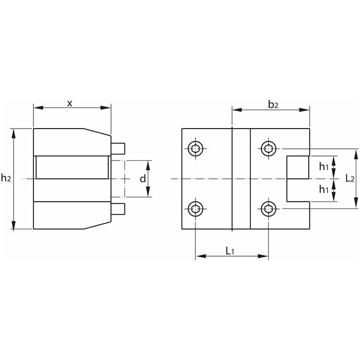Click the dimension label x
coord(69,103)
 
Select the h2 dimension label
coord(6,177)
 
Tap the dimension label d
coord(143,178)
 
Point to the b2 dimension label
coord(273,104)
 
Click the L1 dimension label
coord(230,251)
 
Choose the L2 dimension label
coord(350,178)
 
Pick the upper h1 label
coord(323,167)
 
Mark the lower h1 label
coord(323,189)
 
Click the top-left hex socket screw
coord(195,149)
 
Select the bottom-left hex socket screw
coord(195,209)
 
